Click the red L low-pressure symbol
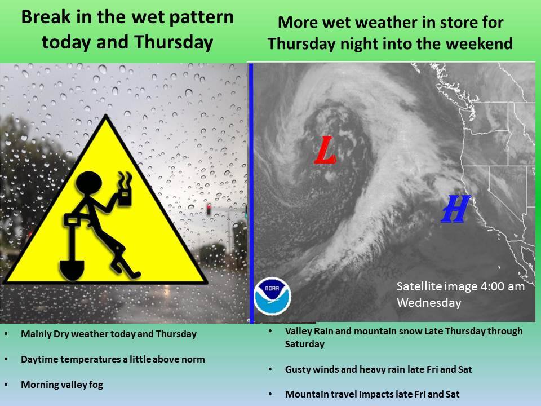tap(325, 150)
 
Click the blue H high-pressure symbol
tap(456, 209)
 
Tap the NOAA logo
tap(272, 296)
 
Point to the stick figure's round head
tap(88, 184)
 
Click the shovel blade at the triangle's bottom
tap(72, 270)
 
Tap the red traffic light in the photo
tap(209, 209)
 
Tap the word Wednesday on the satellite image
tap(429, 303)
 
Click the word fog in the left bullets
tap(96, 385)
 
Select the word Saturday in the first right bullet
tap(305, 344)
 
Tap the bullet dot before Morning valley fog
tap(6, 385)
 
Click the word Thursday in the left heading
tap(174, 42)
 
